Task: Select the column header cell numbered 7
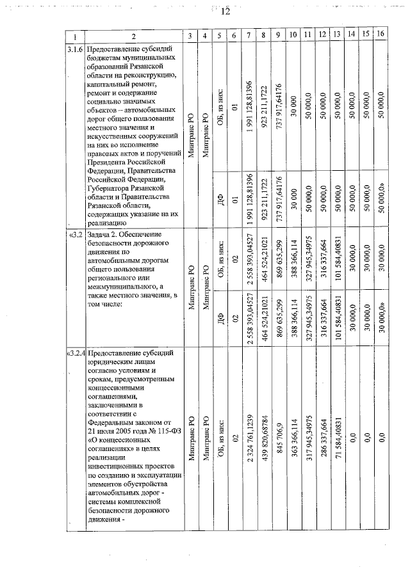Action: click(249, 36)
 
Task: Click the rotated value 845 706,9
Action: click(279, 440)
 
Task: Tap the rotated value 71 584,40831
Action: click(337, 435)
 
